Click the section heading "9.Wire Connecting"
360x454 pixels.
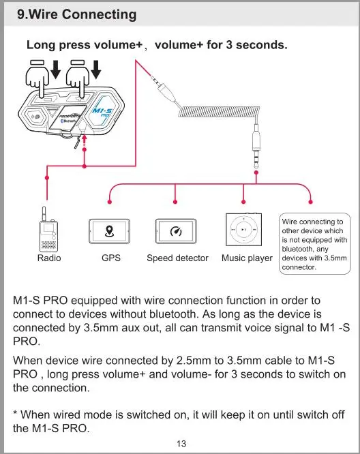[x=77, y=14]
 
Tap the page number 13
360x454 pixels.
[x=181, y=444]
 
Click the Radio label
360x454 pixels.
[x=49, y=258]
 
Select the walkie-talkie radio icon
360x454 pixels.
[x=48, y=229]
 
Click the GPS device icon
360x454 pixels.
[x=109, y=231]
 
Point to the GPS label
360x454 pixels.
[x=111, y=258]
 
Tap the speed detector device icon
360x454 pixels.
[x=176, y=231]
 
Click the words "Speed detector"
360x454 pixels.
[x=177, y=258]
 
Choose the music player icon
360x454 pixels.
[x=244, y=229]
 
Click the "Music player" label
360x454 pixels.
[x=247, y=258]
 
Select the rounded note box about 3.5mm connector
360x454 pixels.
[x=315, y=244]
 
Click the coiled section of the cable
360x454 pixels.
[x=219, y=112]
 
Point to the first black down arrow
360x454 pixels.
[x=55, y=70]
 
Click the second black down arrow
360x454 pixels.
[x=96, y=70]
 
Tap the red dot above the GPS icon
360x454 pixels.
[x=110, y=202]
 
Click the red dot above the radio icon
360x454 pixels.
[x=47, y=178]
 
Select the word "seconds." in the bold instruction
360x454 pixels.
[x=262, y=45]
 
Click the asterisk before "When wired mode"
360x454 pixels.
[x=16, y=412]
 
